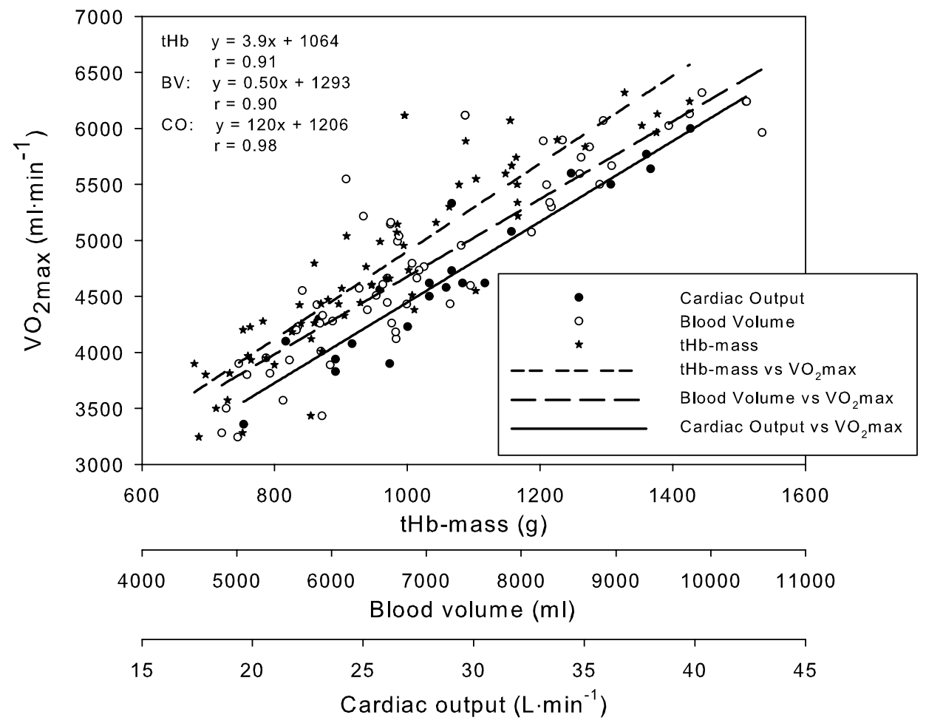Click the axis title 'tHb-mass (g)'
point(473,524)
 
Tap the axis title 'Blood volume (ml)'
point(473,611)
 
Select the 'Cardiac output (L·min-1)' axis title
point(473,703)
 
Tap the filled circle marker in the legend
point(579,297)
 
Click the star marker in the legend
point(579,344)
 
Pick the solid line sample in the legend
point(579,427)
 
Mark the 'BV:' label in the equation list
point(176,84)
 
